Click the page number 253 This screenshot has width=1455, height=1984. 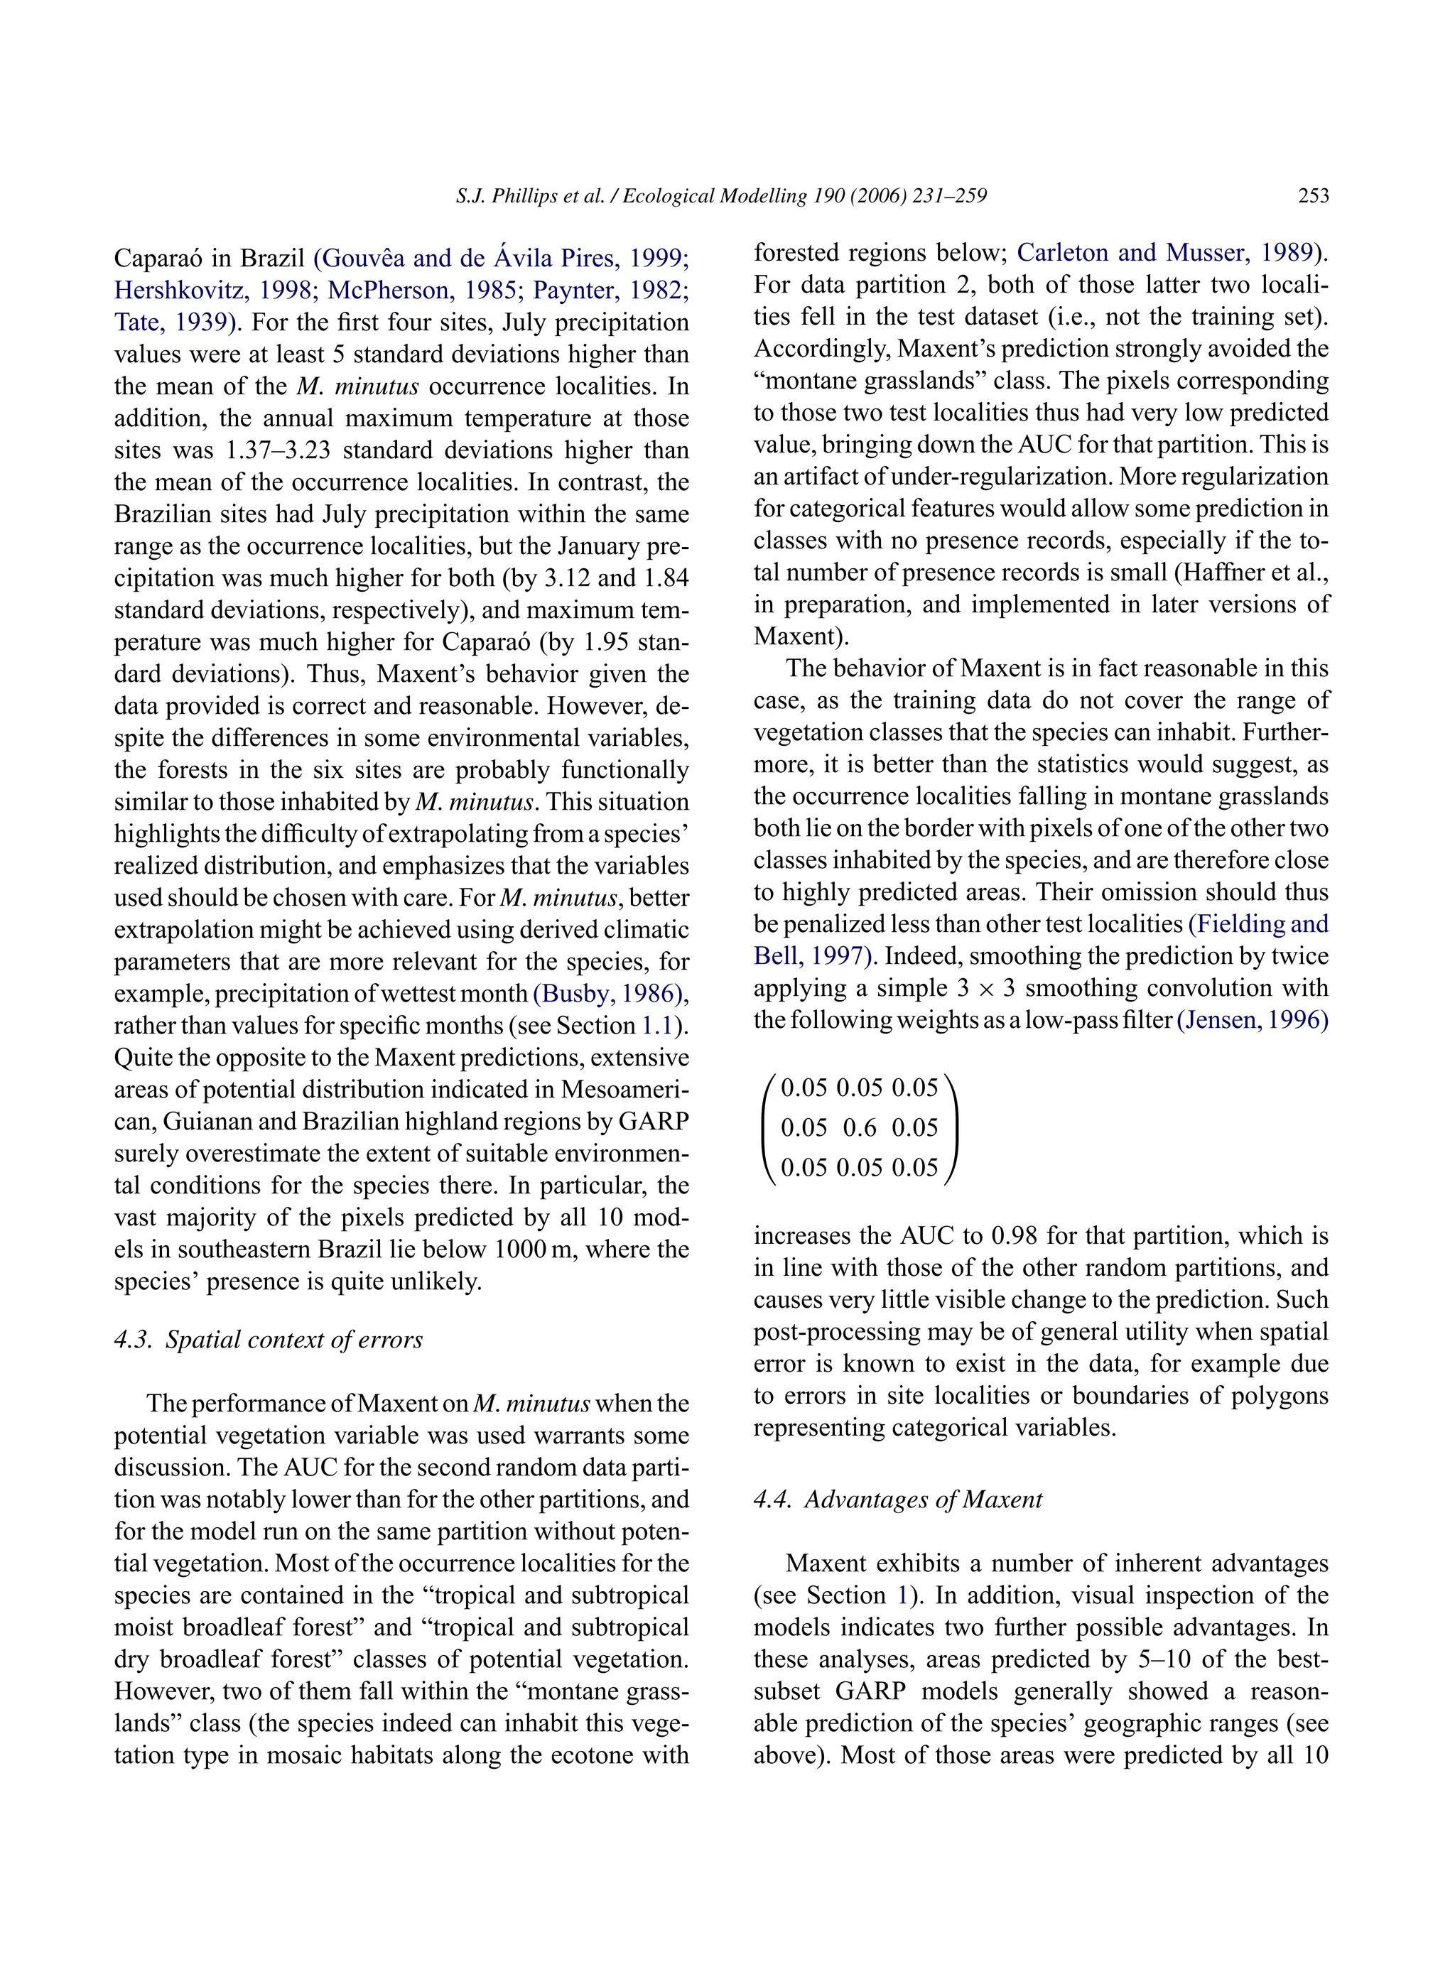click(1313, 196)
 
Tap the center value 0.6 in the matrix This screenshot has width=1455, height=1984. click(860, 1128)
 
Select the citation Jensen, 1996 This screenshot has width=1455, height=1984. click(1252, 1020)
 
